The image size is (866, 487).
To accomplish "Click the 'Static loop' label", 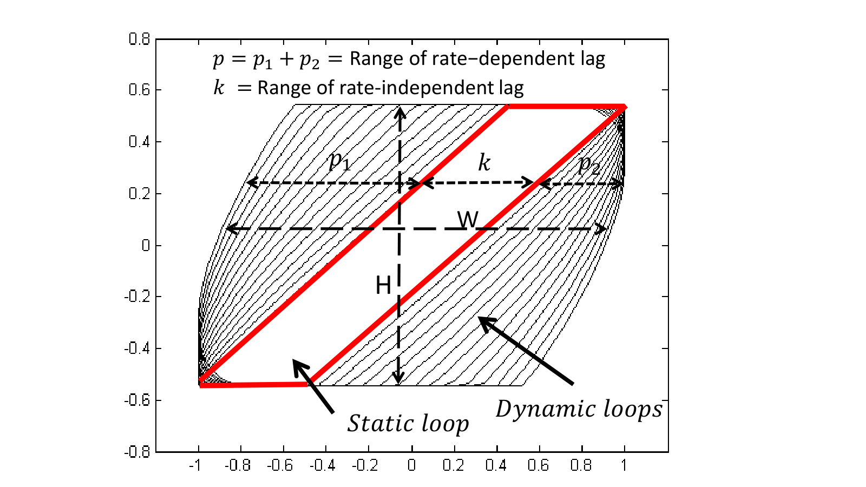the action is (408, 424).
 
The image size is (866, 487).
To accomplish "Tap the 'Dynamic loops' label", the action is (579, 409).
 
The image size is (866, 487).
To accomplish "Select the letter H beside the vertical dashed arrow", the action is (383, 286).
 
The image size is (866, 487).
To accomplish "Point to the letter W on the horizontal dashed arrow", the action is (468, 219).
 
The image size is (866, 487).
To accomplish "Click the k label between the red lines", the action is (484, 162).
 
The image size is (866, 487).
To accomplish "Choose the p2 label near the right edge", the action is (589, 165).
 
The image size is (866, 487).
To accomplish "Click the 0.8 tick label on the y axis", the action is (139, 39).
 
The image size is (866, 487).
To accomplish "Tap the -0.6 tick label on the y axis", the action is (137, 400).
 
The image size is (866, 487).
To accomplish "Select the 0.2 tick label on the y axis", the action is (139, 193).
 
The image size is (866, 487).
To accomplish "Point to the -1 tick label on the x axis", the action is (195, 465).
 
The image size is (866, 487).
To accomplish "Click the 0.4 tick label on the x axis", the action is (496, 465).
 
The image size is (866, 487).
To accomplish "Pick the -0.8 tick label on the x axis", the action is (238, 465).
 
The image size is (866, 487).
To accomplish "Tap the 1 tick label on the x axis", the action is (624, 465).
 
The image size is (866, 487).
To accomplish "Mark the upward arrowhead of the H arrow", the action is (400, 113).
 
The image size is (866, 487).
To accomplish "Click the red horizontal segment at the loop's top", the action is (567, 107).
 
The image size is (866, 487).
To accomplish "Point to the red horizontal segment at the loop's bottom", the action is (254, 385).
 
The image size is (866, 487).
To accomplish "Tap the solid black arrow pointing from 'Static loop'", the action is (313, 386).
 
